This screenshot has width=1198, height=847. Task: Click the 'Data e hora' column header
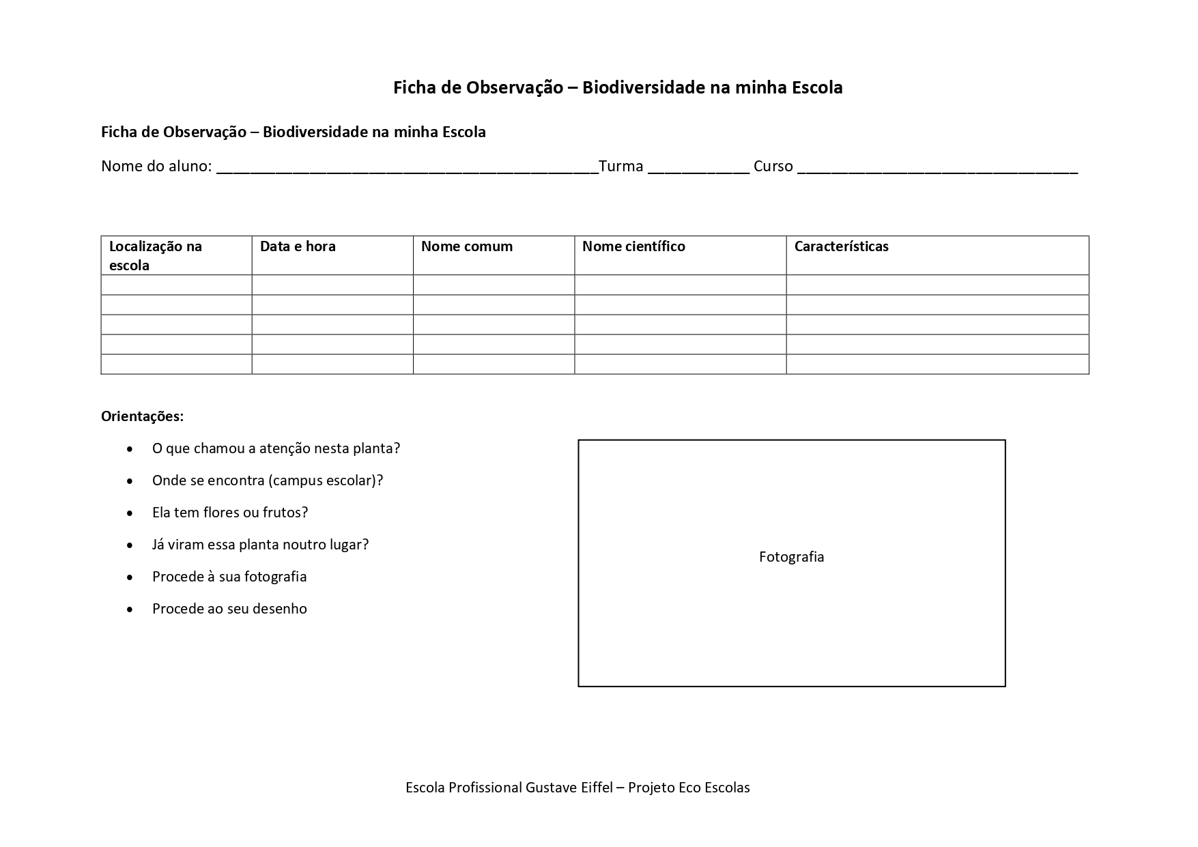(298, 246)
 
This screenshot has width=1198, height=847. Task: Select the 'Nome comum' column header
(466, 246)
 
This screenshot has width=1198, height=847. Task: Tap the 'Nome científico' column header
(633, 246)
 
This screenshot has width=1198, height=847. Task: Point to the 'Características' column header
(841, 246)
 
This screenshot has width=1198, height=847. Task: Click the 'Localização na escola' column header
(156, 255)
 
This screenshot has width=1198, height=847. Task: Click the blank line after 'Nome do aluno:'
(407, 169)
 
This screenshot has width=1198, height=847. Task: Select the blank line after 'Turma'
(698, 169)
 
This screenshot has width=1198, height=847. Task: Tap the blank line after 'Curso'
(937, 169)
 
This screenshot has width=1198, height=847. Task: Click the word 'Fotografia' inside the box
(791, 557)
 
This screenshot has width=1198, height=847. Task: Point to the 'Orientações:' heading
(142, 416)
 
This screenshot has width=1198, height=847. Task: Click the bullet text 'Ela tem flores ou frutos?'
(230, 513)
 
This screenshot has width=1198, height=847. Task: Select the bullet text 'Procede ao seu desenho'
(229, 609)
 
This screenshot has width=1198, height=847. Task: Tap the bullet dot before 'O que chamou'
(130, 449)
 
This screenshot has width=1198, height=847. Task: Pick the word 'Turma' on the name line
(621, 167)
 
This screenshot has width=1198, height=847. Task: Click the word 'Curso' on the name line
(773, 167)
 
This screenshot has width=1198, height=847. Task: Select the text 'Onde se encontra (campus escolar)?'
(268, 480)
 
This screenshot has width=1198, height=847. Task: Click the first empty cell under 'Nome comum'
(494, 285)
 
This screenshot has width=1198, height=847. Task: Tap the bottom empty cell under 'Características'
(937, 364)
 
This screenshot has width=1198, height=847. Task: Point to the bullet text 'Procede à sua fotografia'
(229, 577)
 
